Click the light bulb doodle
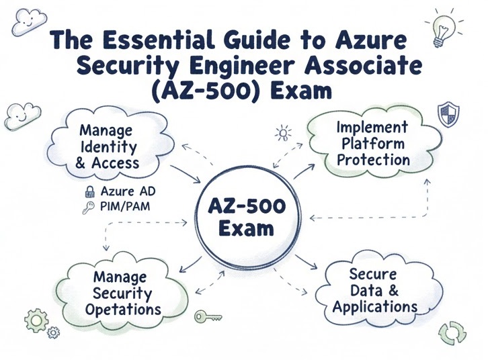point(442,29)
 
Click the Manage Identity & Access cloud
point(107,145)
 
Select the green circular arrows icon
point(452,332)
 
